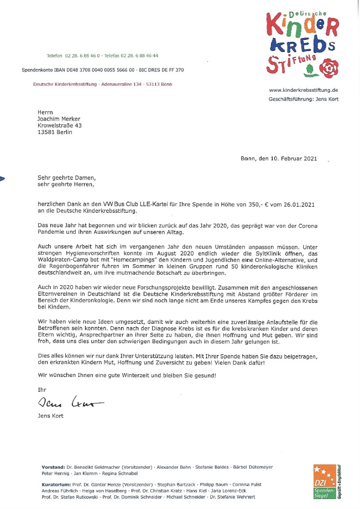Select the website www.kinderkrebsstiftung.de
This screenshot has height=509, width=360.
303,90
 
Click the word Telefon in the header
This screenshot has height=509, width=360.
54,56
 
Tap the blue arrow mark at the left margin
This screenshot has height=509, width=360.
3,178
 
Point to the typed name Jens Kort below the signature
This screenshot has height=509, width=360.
50,416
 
